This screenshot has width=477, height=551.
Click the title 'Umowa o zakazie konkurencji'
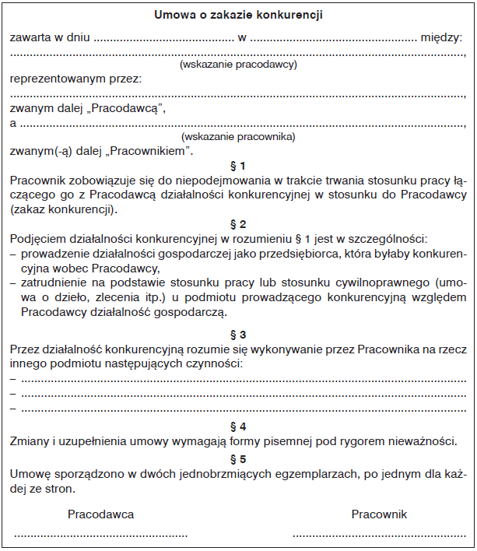[x=238, y=15]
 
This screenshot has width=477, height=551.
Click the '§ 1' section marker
[x=238, y=166]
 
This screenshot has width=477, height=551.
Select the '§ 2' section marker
[x=238, y=224]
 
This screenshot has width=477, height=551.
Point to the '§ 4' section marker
[x=238, y=426]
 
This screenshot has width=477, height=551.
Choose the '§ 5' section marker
[x=238, y=458]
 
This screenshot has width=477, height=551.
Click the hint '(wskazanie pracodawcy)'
[x=238, y=65]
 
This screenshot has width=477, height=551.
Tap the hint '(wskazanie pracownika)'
[x=238, y=136]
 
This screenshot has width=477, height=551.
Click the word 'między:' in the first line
[x=440, y=37]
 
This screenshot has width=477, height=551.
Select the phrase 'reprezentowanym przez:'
[x=75, y=79]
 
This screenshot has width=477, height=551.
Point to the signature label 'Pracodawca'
[x=100, y=514]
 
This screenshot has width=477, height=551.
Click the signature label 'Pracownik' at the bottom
[x=379, y=514]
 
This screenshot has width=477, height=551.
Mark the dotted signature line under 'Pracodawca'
[x=100, y=535]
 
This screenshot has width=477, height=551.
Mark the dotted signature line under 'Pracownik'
[x=379, y=535]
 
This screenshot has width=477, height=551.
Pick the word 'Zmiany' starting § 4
[x=27, y=442]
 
